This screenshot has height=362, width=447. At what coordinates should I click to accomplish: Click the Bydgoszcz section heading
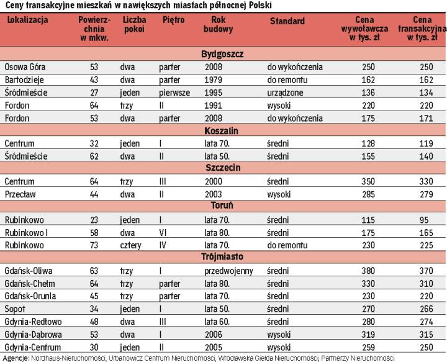click(x=222, y=54)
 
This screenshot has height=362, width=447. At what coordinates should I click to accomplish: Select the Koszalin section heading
click(x=222, y=131)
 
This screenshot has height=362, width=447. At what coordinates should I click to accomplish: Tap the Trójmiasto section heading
click(x=222, y=256)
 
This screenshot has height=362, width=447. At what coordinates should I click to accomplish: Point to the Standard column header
click(x=287, y=21)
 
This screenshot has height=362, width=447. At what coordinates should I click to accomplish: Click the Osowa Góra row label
click(x=25, y=67)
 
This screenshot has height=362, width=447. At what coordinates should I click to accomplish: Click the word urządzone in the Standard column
click(x=285, y=93)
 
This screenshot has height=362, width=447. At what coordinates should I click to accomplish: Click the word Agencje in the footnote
click(x=16, y=358)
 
